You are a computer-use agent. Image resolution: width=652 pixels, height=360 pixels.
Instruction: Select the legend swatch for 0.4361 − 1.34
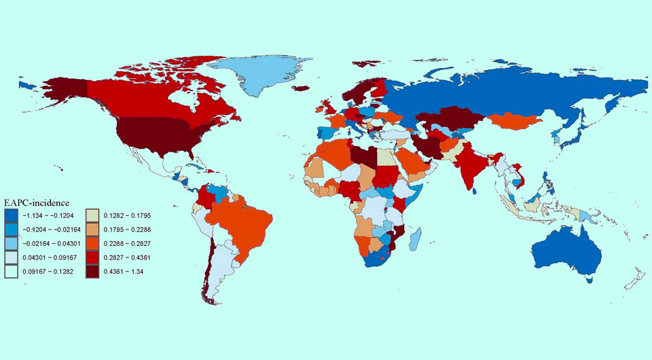(x=94, y=271)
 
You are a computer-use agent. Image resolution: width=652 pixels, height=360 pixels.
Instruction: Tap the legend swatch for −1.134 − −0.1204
(x=11, y=215)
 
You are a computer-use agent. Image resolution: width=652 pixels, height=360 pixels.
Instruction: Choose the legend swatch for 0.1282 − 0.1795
(x=94, y=215)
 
